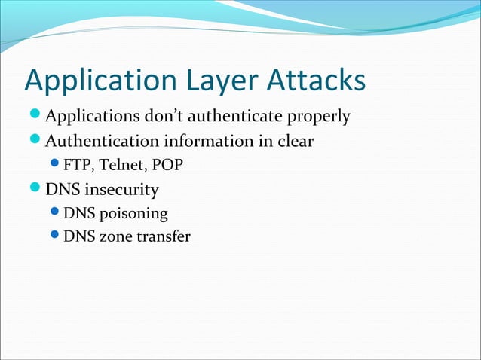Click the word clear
(293, 142)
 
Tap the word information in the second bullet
(209, 142)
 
